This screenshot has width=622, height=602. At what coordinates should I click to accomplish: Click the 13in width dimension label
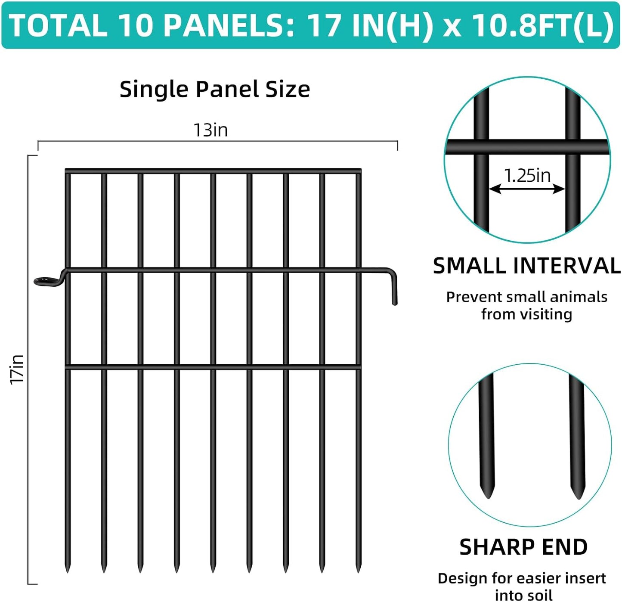pyautogui.click(x=210, y=130)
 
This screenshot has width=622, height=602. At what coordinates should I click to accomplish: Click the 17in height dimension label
pyautogui.click(x=18, y=369)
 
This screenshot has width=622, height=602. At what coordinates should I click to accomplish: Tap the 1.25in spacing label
pyautogui.click(x=527, y=175)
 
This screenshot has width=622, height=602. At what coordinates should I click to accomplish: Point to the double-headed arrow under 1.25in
pyautogui.click(x=527, y=189)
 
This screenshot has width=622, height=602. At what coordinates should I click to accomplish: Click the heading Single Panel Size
pyautogui.click(x=214, y=90)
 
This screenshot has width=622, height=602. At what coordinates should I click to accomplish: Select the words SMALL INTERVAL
pyautogui.click(x=526, y=266)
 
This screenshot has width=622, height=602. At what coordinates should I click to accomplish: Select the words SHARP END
pyautogui.click(x=523, y=547)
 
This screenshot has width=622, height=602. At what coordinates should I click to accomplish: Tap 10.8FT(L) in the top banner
pyautogui.click(x=543, y=25)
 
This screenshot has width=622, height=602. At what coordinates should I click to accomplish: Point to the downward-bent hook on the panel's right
pyautogui.click(x=394, y=289)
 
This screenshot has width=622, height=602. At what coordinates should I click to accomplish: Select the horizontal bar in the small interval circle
pyautogui.click(x=527, y=147)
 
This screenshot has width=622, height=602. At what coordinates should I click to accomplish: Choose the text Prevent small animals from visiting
pyautogui.click(x=526, y=305)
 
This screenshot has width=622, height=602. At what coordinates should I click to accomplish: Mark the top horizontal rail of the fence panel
pyautogui.click(x=213, y=171)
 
